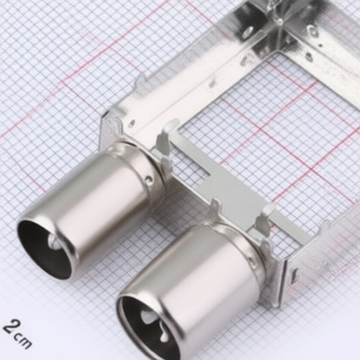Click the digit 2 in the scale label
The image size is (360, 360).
[x=10, y=326]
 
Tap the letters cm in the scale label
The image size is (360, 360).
[x=22, y=341]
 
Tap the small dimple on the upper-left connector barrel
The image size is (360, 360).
[x=149, y=181]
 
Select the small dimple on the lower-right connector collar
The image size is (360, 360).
[x=252, y=262]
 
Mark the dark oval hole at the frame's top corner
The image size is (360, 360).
[x=248, y=31]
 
